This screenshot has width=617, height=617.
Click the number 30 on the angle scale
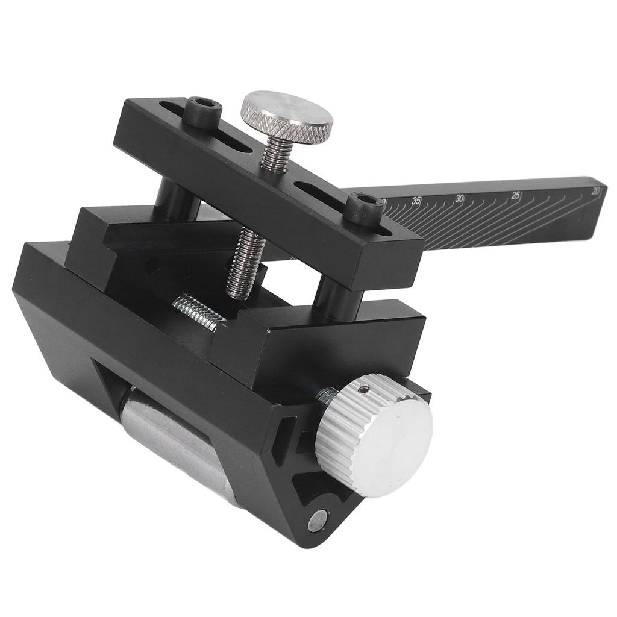tap(460, 198)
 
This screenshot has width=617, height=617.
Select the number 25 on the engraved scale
tap(516, 195)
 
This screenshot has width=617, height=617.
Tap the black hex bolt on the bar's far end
tap(202, 111)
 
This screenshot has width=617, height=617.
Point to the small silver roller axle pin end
tap(318, 520)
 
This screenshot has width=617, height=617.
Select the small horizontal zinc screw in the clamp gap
tap(195, 312)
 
